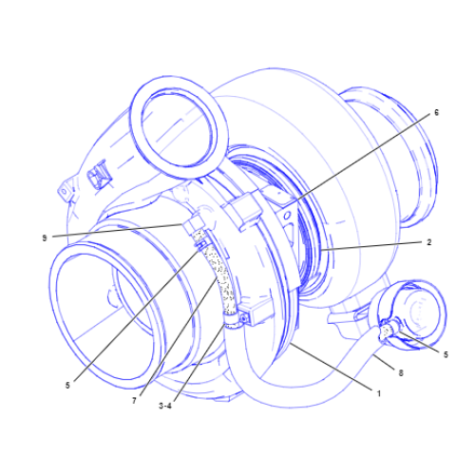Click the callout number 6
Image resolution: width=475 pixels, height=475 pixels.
[x=436, y=112]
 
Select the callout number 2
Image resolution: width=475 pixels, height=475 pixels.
[x=428, y=242]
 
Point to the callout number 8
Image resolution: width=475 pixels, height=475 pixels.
[x=401, y=374]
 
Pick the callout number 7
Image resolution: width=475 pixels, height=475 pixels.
[x=136, y=401]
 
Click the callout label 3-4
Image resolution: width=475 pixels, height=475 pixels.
[x=165, y=406]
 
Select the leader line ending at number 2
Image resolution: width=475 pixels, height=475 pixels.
[x=370, y=246]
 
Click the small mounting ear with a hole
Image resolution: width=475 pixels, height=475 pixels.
[x=65, y=191]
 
